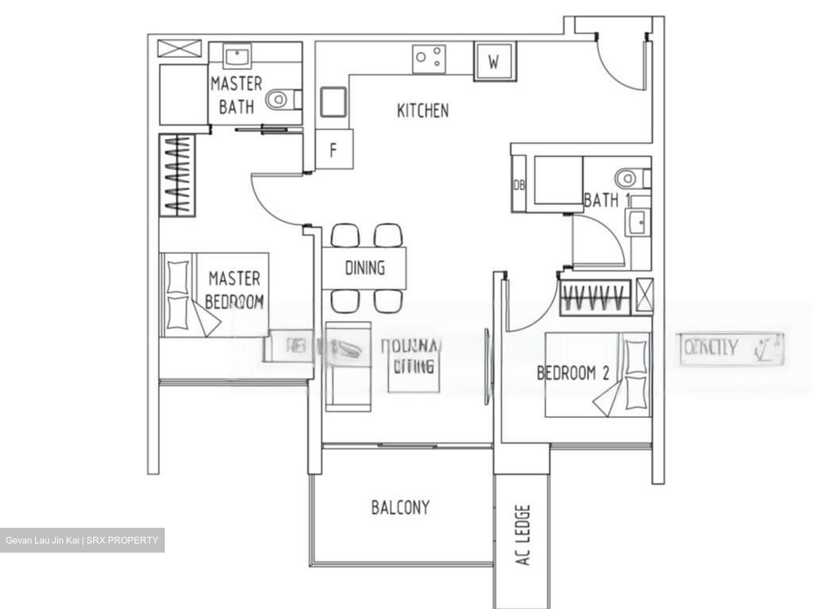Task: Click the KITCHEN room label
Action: tap(423, 111)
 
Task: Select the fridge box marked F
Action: tap(334, 150)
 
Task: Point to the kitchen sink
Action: tap(333, 102)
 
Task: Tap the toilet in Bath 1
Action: tap(632, 179)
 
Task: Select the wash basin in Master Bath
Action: tap(237, 56)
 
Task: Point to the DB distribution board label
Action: tap(518, 185)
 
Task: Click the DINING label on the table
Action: tap(365, 268)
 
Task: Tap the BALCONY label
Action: tap(400, 507)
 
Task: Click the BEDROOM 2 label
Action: tap(572, 373)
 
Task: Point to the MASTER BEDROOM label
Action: tap(234, 290)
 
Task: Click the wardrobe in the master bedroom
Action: tap(177, 175)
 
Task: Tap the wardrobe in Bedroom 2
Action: tap(595, 297)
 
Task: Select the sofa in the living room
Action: tap(348, 367)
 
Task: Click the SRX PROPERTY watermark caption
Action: tap(82, 540)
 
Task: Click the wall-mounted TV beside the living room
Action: tap(487, 367)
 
